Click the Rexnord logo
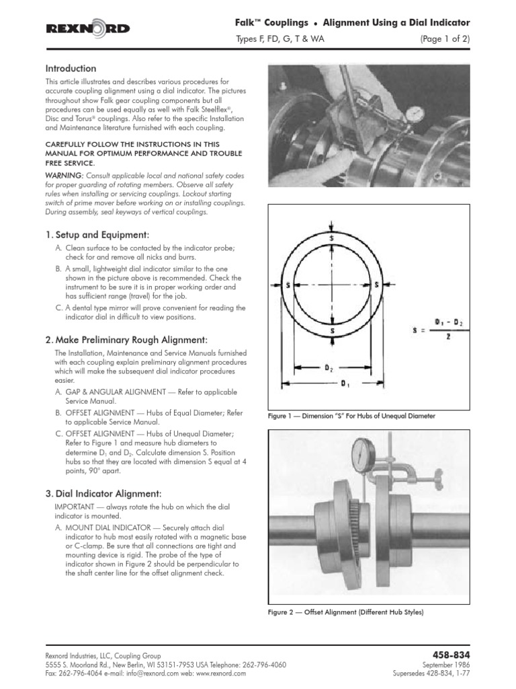click(87, 28)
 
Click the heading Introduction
click(71, 69)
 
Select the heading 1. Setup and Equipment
click(96, 234)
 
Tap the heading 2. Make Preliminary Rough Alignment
click(126, 338)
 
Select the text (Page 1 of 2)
click(445, 39)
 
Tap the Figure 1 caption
click(351, 416)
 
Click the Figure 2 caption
click(346, 612)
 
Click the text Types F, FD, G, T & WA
click(280, 39)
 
